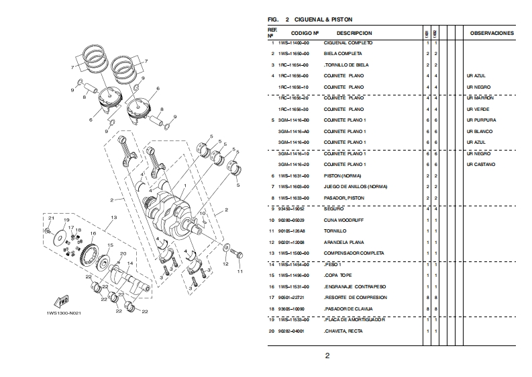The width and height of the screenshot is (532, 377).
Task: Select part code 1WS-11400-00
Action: pos(294,42)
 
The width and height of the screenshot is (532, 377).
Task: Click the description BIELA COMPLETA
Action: pos(343,53)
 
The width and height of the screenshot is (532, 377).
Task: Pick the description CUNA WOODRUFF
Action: pos(343,220)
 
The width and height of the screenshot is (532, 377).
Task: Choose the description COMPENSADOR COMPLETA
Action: pos(354,253)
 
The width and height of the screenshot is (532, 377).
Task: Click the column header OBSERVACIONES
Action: pos(492,33)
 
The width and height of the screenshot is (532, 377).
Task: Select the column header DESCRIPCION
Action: pos(354,33)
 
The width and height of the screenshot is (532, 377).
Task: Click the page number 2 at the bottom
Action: pos(327,356)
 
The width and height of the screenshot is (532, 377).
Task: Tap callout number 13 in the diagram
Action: pos(115,217)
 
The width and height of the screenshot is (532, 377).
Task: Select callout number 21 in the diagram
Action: pos(50,220)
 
